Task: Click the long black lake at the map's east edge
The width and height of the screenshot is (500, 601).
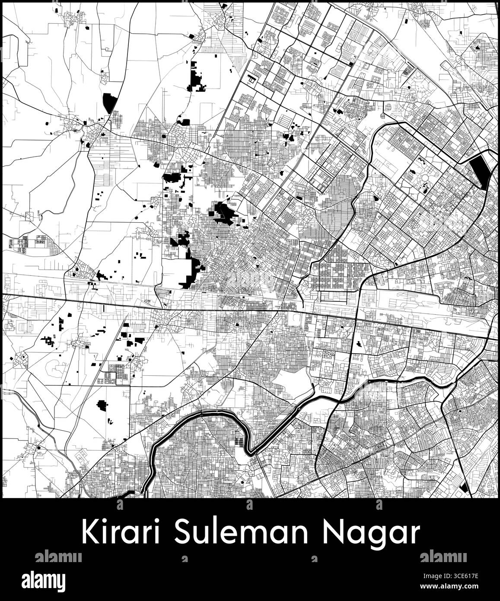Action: tap(481, 171)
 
